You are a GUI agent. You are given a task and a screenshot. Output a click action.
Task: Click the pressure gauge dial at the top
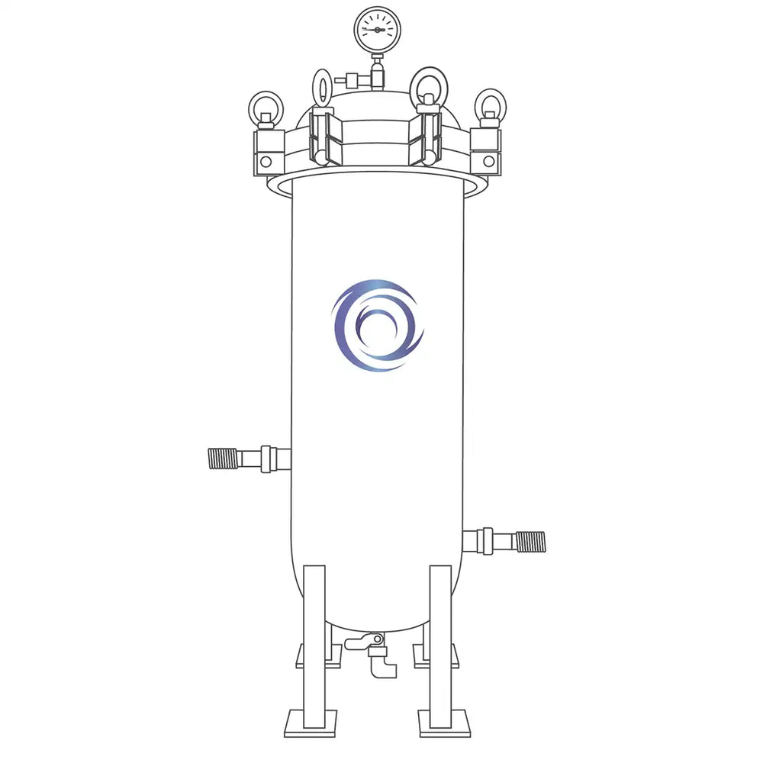tap(377, 30)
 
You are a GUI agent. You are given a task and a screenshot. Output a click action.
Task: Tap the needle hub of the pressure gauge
tap(377, 30)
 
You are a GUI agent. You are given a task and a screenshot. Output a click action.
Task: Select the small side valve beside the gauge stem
tap(352, 79)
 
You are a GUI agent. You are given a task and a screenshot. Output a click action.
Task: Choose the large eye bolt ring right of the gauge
tap(428, 86)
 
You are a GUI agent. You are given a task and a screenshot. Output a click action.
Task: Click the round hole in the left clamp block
tap(266, 162)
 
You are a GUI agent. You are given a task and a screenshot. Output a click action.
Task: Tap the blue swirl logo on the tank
tap(377, 325)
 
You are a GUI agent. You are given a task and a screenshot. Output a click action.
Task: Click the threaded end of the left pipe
tap(222, 459)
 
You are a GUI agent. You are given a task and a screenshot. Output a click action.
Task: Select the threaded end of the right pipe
tap(530, 542)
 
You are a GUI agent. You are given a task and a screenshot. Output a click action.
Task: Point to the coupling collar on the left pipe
tap(266, 459)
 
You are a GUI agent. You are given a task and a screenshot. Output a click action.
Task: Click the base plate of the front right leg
tap(444, 723)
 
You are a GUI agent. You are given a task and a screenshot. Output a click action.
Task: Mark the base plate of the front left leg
tap(311, 723)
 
